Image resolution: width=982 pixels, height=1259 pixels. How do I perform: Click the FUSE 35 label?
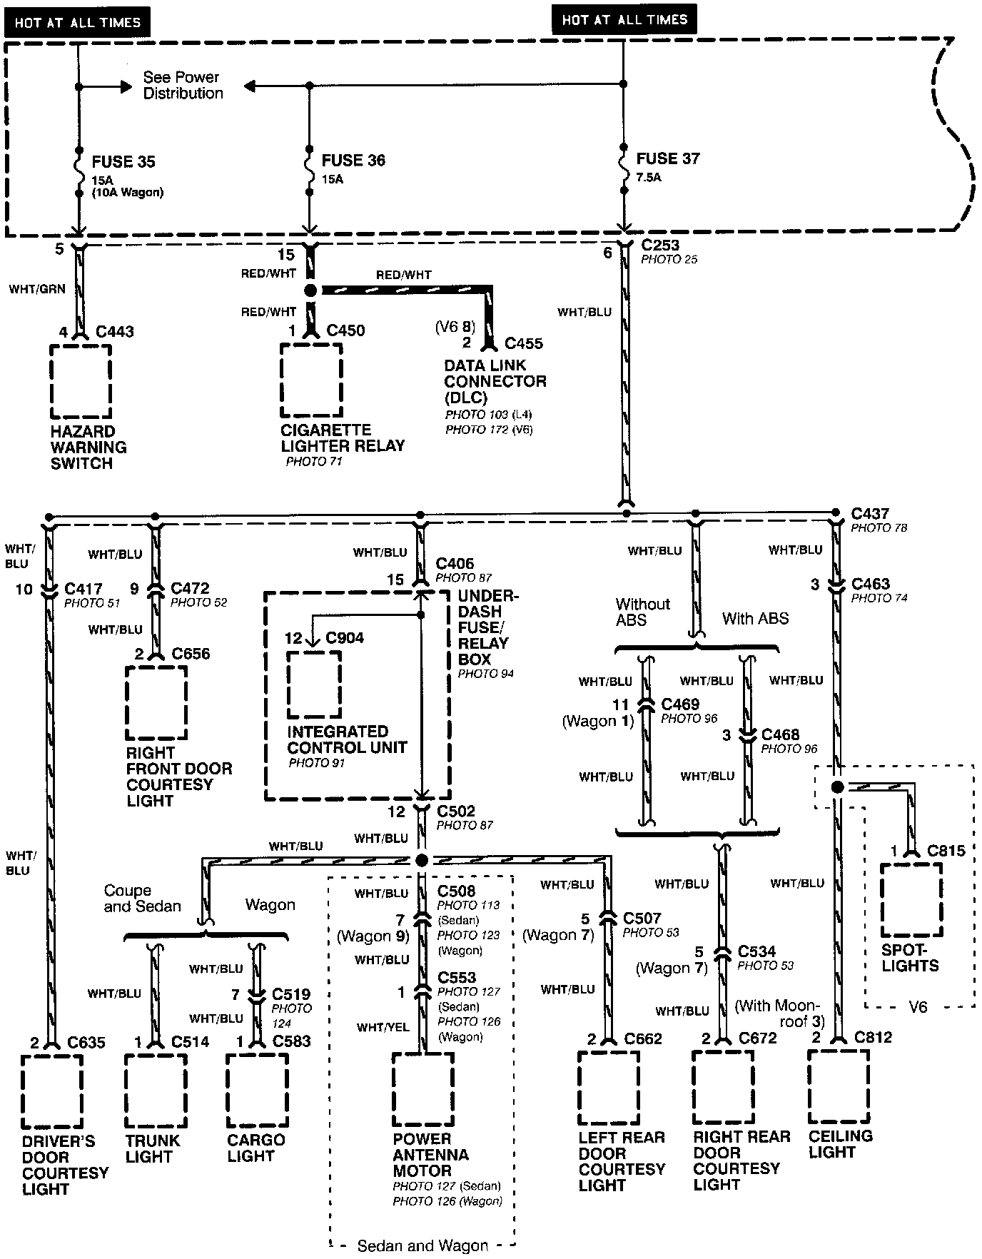click(123, 162)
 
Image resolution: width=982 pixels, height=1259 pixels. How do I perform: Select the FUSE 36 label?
click(353, 161)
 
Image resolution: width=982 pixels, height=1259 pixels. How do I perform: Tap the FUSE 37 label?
click(668, 158)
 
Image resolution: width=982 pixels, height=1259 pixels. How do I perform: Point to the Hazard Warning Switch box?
click(81, 381)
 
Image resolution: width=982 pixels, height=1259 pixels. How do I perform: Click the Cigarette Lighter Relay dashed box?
click(310, 380)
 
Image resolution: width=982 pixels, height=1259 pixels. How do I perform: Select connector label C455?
click(524, 343)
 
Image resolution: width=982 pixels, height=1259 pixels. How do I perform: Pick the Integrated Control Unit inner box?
click(314, 684)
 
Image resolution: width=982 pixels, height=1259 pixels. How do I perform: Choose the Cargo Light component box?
click(257, 1089)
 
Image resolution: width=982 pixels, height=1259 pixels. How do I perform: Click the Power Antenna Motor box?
click(422, 1089)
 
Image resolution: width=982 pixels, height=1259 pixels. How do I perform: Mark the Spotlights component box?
click(911, 900)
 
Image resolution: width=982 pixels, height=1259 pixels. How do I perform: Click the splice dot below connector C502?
click(421, 860)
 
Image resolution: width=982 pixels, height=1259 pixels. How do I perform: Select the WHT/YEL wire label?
click(383, 1027)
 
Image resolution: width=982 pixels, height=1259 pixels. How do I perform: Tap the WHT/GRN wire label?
click(37, 289)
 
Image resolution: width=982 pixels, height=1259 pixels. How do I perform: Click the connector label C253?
click(660, 246)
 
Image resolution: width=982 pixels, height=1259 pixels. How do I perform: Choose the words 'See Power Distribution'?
click(183, 85)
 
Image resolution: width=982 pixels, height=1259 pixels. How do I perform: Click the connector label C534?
click(756, 951)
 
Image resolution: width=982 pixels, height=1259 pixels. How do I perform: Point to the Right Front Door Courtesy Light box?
click(156, 703)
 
